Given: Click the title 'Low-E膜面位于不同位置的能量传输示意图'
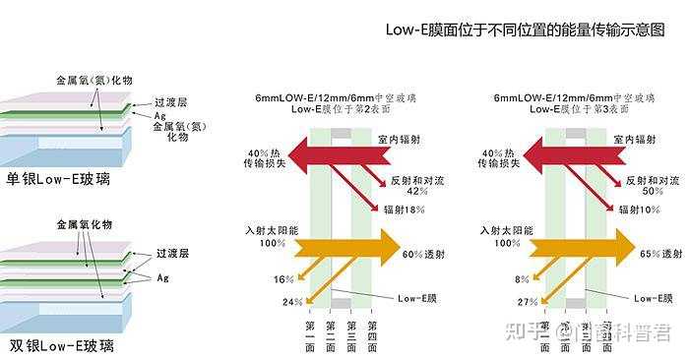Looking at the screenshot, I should tap(526, 30).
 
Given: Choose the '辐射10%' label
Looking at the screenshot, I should tap(641, 210).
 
